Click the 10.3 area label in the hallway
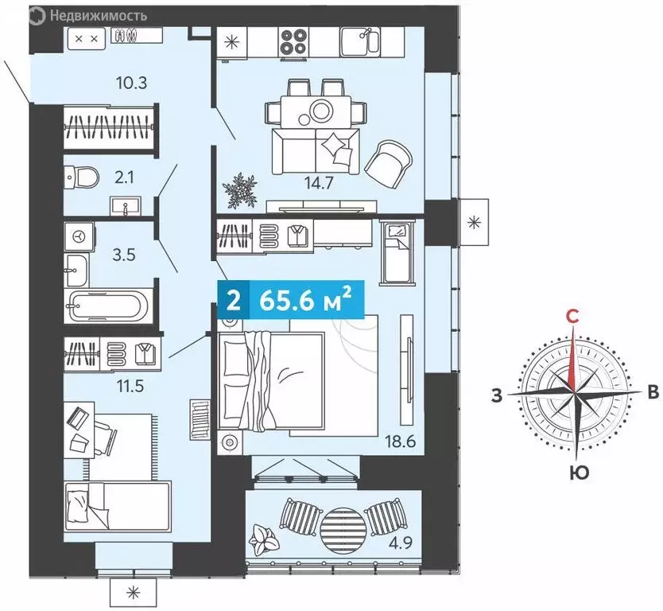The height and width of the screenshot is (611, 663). pyautogui.click(x=131, y=83)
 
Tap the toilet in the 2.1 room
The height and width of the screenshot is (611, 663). pyautogui.click(x=82, y=177)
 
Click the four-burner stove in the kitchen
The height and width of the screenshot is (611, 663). pyautogui.click(x=293, y=41)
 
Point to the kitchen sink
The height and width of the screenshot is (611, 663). pyautogui.click(x=360, y=41)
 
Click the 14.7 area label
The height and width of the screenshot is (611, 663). pyautogui.click(x=319, y=183)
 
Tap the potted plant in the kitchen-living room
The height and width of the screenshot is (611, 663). pyautogui.click(x=240, y=190)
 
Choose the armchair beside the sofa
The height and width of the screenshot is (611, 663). pyautogui.click(x=388, y=165)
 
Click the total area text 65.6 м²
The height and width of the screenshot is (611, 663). pyautogui.click(x=305, y=300)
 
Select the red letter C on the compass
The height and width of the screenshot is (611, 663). pyautogui.click(x=572, y=316)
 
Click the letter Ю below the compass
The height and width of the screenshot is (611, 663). pyautogui.click(x=579, y=473)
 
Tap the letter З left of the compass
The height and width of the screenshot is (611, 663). pyautogui.click(x=497, y=395)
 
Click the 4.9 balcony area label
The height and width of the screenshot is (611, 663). pyautogui.click(x=401, y=542)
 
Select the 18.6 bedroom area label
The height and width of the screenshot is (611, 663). pyautogui.click(x=401, y=442)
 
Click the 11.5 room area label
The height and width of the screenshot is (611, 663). pyautogui.click(x=130, y=386)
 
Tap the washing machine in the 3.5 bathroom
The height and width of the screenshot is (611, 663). pyautogui.click(x=79, y=237)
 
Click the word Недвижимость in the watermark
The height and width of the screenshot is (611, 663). pyautogui.click(x=99, y=16)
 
